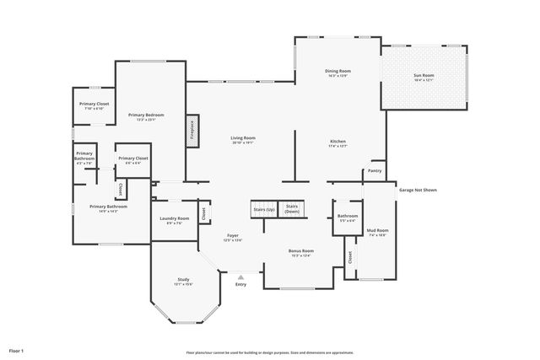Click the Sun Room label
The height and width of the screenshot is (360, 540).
coord(423,78)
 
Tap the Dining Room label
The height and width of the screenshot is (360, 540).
coord(337,73)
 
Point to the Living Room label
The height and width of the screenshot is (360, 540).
coord(243,140)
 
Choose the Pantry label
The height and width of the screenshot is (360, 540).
coord(375,171)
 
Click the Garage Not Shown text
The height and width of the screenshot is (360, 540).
coord(418,190)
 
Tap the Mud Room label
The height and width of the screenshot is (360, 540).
coord(377,232)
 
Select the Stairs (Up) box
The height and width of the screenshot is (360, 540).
coord(263,208)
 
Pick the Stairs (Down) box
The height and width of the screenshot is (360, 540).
coord(292,208)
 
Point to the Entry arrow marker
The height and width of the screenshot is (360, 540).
coord(241,277)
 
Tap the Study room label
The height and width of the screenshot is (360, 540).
coord(183,282)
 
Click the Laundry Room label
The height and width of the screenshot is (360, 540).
coord(174,220)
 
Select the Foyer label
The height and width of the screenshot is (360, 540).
coord(233,238)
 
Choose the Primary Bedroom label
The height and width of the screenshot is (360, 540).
coord(146,116)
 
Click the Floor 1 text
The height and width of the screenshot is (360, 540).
coord(17,350)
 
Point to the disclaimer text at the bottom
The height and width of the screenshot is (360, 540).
coord(269,352)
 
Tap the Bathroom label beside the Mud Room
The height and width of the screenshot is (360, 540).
coord(348,218)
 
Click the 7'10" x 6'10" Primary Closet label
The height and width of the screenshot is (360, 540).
coord(94,105)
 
